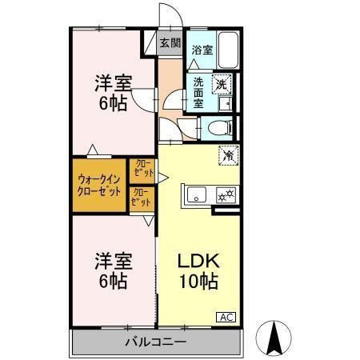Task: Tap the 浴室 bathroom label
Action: coord(202,50)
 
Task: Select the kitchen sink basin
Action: coord(196,194)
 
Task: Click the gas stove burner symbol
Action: coord(226,194)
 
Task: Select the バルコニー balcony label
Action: coord(155,342)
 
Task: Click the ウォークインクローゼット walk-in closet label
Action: coord(100,186)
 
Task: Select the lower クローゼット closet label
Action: coord(141,198)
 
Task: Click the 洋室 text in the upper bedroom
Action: coord(112,83)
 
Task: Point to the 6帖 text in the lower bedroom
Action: coord(112,282)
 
